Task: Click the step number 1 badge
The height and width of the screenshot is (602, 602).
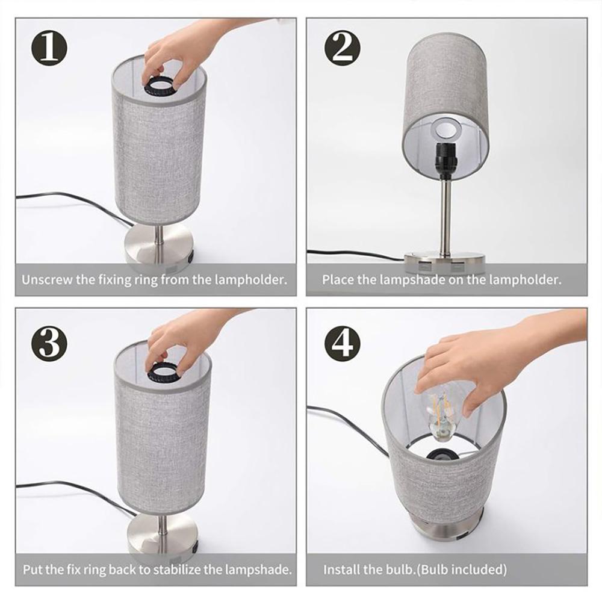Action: [48, 49]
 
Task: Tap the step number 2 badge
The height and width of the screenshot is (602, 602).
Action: [342, 49]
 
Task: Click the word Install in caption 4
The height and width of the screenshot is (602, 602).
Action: [339, 569]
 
